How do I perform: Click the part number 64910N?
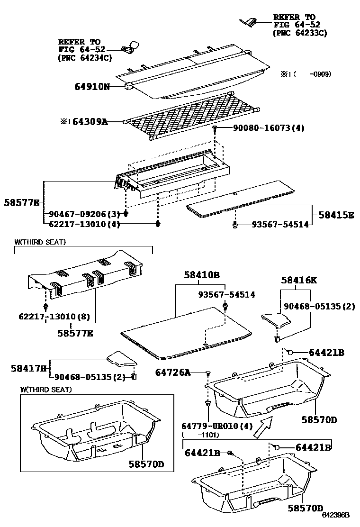pos(92,87)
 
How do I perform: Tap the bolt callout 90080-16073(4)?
pos(268,128)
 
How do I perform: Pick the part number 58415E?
pos(336,215)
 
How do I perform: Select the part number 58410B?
pos(202,275)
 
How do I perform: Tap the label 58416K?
pos(298,280)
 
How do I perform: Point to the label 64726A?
pos(173,373)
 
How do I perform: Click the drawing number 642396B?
pos(335,515)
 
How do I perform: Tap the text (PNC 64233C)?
pos(300,33)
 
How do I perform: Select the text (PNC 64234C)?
pos(85,58)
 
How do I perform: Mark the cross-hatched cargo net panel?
pos(189,116)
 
